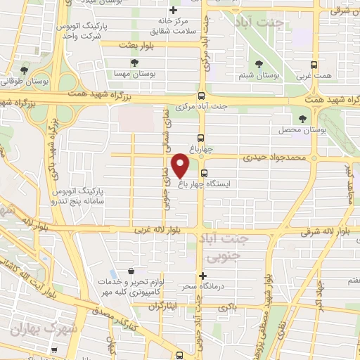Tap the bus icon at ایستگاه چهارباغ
(x=204, y=173)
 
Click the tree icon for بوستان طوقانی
(x=25, y=70)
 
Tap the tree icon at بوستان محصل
(x=302, y=119)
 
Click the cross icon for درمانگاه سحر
(x=204, y=276)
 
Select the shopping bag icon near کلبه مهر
(x=131, y=271)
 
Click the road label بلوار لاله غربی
(x=158, y=231)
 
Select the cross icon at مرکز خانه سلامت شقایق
(x=174, y=10)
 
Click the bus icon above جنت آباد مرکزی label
(x=202, y=96)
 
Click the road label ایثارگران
(x=161, y=307)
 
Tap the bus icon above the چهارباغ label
(x=202, y=138)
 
